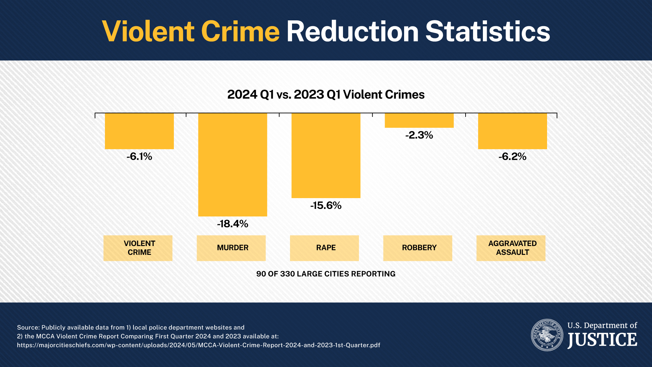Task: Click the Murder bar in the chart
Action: click(x=233, y=164)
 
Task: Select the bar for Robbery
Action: click(x=419, y=121)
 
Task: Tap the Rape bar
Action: click(x=326, y=155)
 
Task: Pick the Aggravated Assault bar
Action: click(x=512, y=131)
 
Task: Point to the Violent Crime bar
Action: click(x=139, y=131)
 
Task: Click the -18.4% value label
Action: click(x=233, y=224)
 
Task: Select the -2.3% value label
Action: click(x=419, y=135)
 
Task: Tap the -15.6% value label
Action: click(x=326, y=206)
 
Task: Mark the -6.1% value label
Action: click(x=139, y=157)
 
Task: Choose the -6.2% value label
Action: click(x=512, y=157)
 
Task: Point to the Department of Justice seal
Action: click(x=547, y=335)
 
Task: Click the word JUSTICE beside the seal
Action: click(x=602, y=340)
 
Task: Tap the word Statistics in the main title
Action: click(x=488, y=32)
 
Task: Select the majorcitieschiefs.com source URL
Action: click(x=199, y=345)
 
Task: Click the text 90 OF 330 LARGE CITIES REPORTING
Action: click(x=326, y=274)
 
